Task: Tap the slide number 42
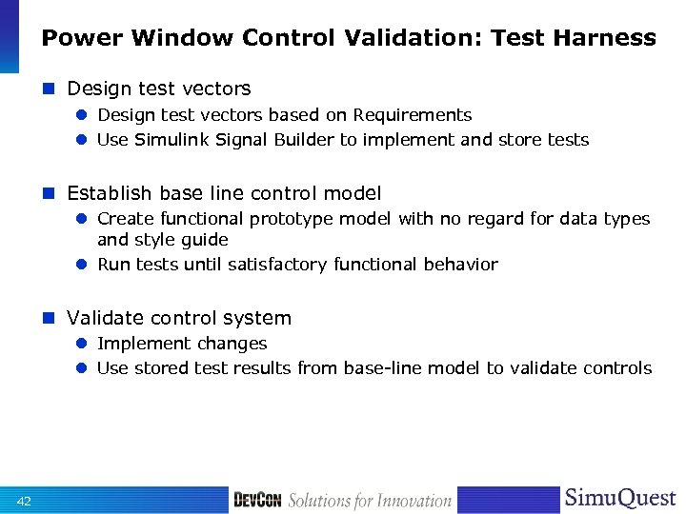pos(24,502)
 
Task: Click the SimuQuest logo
pos(620,498)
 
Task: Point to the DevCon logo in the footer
pos(256,500)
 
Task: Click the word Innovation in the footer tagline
pos(411,501)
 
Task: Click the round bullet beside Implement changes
pos(83,344)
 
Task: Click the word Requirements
pos(413,115)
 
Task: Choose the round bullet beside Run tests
pos(83,265)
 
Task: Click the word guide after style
pos(206,240)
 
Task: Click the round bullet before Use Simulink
pos(83,140)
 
